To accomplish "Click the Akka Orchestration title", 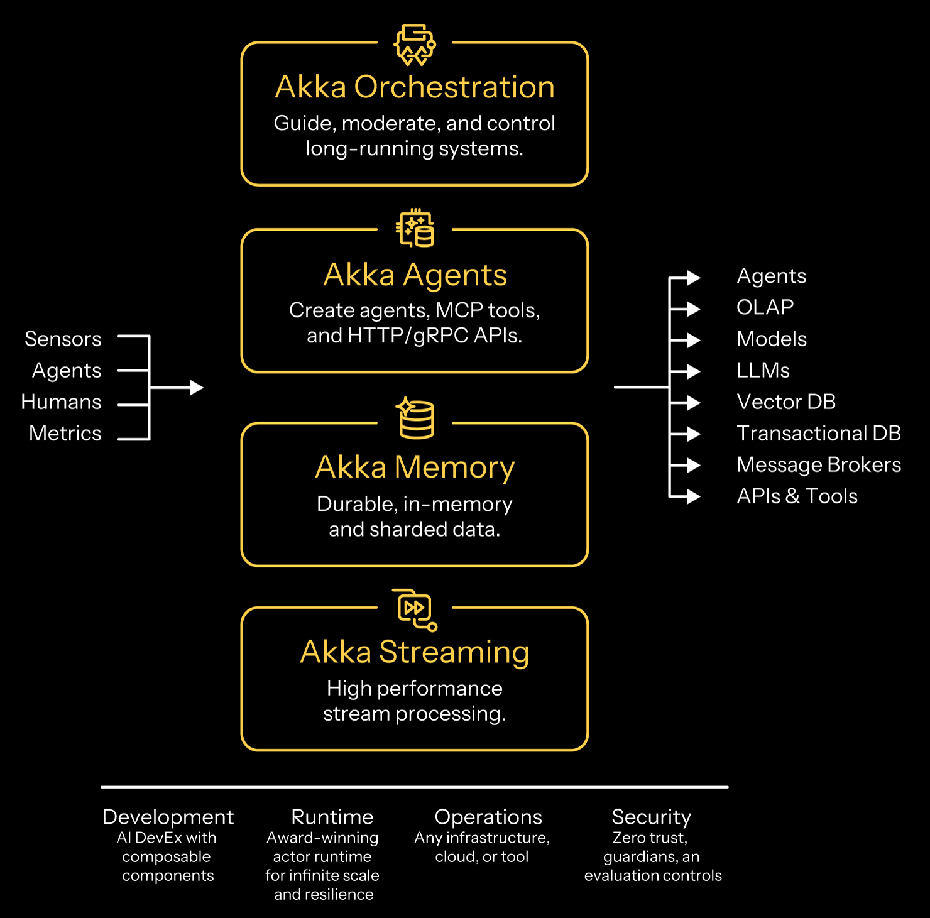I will tap(415, 87).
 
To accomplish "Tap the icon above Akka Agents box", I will tap(415, 229).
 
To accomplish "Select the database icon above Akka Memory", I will tap(416, 418).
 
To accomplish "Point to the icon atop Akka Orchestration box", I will tap(415, 45).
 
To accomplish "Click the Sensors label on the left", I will tap(63, 339).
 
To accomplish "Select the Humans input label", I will tap(61, 402).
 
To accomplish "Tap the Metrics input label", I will tap(65, 434).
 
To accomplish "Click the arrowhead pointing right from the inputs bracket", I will tap(196, 388).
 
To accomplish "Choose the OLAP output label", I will tap(765, 307).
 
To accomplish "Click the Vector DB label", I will tap(785, 402).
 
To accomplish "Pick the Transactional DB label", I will tap(818, 434).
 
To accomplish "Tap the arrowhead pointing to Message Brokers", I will tap(692, 465).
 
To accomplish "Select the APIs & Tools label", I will tap(797, 496).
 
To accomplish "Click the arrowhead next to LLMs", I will tap(692, 371).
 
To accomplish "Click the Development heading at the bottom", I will tap(168, 817).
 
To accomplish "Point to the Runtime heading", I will tap(332, 817).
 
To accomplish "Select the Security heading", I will tap(651, 817).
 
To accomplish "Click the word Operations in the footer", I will tap(488, 817).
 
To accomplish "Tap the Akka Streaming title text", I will tap(415, 652).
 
